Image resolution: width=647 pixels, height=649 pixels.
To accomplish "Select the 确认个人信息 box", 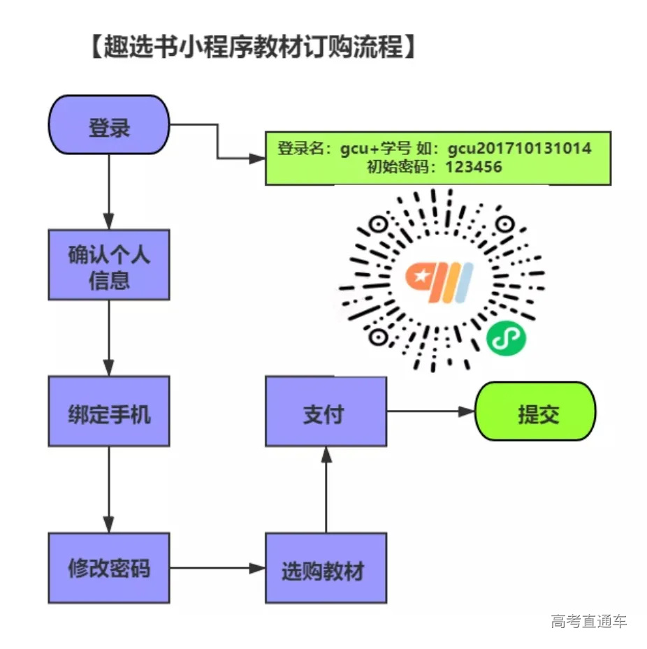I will (x=108, y=265).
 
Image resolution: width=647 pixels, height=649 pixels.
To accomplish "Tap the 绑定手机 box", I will (x=108, y=411).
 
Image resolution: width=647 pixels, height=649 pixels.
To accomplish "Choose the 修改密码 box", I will (x=108, y=568).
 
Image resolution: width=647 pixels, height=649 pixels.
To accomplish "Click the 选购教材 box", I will (x=326, y=568).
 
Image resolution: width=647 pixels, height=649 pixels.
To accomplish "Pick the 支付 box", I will (x=326, y=411).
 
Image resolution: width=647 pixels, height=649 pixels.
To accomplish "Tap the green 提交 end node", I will (x=535, y=411).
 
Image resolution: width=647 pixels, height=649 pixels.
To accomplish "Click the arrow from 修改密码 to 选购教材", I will (x=217, y=568).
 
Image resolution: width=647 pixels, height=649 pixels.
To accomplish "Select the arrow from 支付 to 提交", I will (x=430, y=411).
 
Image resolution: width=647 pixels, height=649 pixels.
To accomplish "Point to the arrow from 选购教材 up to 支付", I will (x=326, y=489).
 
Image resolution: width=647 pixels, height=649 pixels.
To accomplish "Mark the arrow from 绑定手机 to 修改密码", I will (x=108, y=489).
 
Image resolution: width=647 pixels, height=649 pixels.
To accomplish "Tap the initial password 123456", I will (x=473, y=168).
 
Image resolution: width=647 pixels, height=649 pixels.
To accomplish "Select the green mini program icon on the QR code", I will (x=507, y=338).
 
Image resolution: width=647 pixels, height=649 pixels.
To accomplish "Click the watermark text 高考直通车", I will (x=588, y=620).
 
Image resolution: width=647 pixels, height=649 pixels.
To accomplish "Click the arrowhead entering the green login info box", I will (x=259, y=159).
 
